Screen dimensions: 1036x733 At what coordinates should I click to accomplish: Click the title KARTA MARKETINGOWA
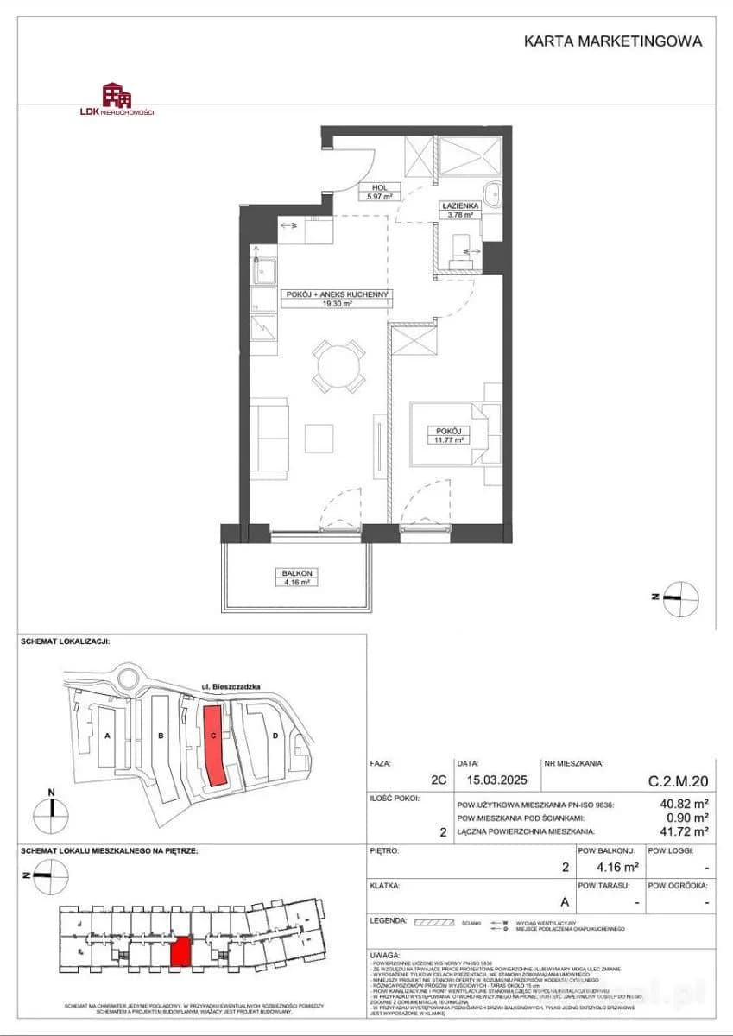coord(613,41)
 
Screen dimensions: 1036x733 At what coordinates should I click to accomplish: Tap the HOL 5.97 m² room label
coord(377,191)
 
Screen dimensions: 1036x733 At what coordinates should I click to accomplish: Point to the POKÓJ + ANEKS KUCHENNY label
coord(337,299)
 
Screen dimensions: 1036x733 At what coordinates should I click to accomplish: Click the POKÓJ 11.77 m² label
coord(450,434)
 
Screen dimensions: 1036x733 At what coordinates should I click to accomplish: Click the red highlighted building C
coord(215,744)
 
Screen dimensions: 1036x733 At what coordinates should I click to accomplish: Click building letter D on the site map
coord(275,736)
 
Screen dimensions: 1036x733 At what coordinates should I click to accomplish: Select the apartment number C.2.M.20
coord(679,781)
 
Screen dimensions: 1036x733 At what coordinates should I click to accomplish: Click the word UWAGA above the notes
coord(384,957)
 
